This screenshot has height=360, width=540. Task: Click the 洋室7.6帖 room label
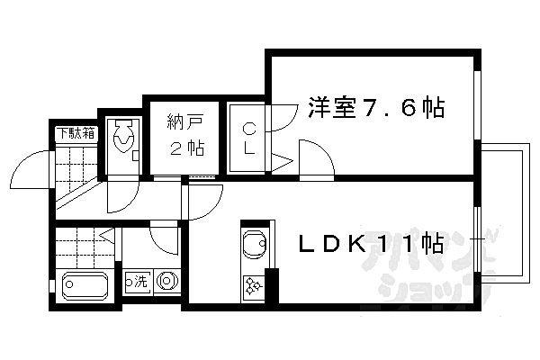click(376, 107)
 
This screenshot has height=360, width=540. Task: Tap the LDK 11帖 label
click(371, 245)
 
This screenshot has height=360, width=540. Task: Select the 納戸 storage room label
click(184, 122)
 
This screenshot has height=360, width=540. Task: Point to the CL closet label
click(249, 139)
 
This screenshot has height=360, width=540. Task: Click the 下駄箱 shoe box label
click(76, 133)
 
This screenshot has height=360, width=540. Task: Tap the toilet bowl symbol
click(123, 136)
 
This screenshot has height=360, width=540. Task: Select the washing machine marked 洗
click(138, 281)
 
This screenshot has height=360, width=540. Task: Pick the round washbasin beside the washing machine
click(166, 281)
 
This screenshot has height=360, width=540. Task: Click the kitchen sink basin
click(254, 244)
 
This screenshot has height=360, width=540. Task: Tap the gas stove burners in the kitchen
click(254, 286)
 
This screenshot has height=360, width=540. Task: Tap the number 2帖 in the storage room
click(187, 148)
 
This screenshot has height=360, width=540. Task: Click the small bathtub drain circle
click(70, 284)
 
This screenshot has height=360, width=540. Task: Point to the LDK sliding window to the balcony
click(477, 238)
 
